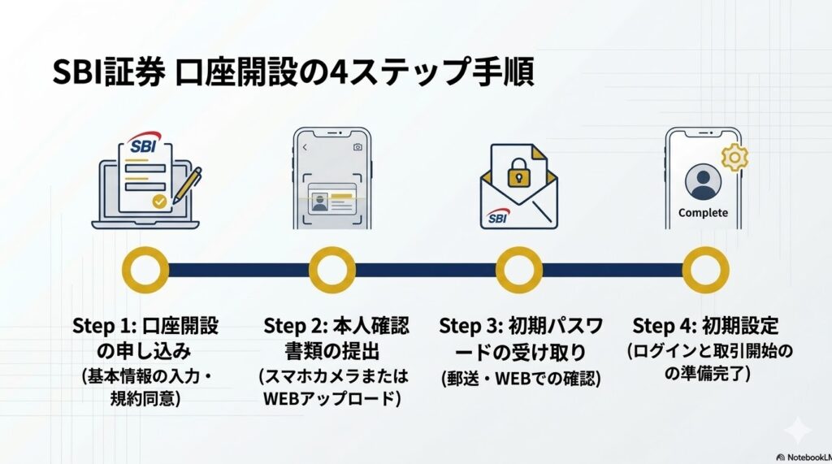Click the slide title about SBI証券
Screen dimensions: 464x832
[292, 74]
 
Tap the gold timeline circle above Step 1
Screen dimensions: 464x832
[145, 271]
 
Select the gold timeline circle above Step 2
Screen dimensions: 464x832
[332, 271]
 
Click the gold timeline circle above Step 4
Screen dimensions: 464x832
[705, 271]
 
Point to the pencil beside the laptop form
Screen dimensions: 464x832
[188, 185]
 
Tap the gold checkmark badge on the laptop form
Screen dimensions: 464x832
[160, 199]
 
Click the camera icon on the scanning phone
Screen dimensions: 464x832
[357, 148]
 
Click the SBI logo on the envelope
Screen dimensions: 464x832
[496, 219]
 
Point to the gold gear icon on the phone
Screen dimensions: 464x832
[735, 156]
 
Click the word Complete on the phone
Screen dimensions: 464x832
[703, 213]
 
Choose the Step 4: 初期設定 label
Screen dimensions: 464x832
[705, 327]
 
